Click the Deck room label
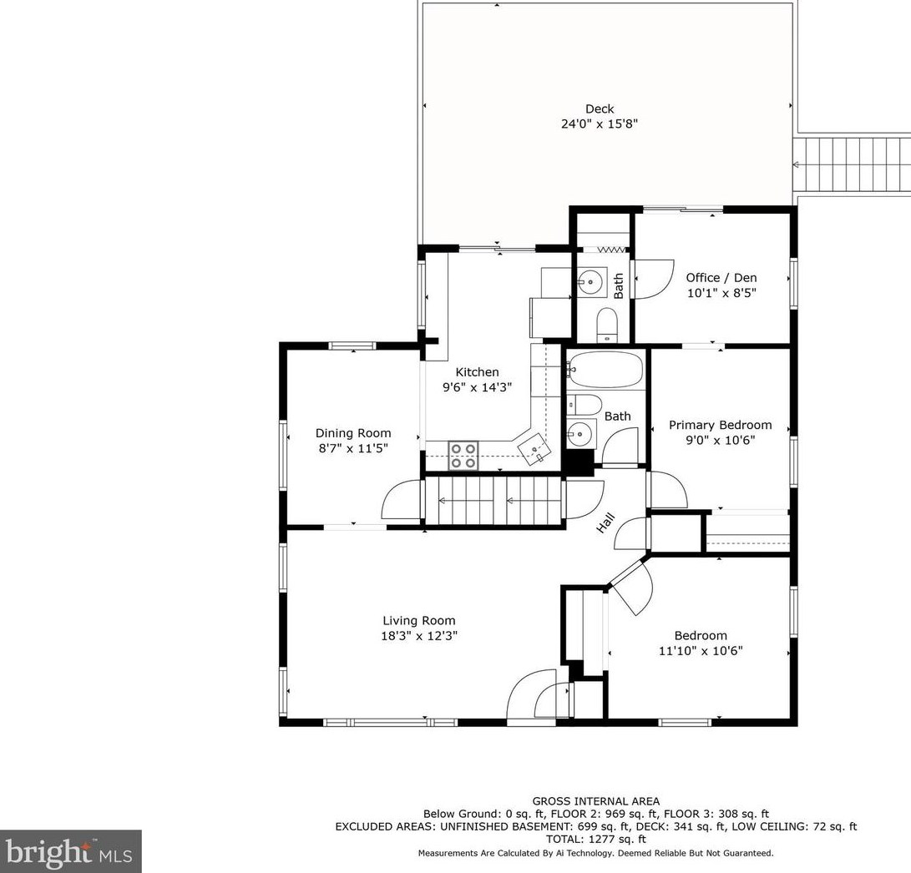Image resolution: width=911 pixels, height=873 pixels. point(599,108)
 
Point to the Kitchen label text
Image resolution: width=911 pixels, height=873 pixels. point(477,372)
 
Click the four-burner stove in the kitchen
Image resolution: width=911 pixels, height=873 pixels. point(463,455)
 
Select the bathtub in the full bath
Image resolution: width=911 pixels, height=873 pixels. point(605,369)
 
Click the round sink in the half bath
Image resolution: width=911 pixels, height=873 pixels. point(592,282)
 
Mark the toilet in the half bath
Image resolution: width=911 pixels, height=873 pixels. point(607,324)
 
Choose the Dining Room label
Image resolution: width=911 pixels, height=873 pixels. point(352,433)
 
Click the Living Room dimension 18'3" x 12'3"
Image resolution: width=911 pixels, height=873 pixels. point(419,636)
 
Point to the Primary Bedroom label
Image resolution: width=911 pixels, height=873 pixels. point(720,425)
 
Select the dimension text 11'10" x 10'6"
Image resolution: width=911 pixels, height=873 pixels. point(701,651)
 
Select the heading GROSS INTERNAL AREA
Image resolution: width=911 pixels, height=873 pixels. point(595,801)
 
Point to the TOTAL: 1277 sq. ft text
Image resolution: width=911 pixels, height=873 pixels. point(595,839)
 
